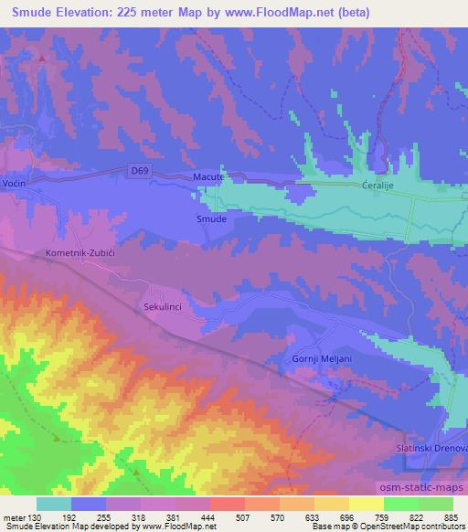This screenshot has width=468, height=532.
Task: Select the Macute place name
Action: click(x=209, y=176)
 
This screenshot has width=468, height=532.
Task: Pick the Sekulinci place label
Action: click(x=165, y=308)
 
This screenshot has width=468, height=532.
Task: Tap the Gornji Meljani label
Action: click(x=322, y=359)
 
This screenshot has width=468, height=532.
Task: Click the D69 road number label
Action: click(x=139, y=169)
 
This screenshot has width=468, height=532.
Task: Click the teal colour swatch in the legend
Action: click(x=54, y=504)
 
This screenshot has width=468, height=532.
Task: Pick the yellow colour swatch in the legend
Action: click(x=367, y=504)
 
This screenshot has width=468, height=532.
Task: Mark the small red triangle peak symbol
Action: click(x=42, y=58)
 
